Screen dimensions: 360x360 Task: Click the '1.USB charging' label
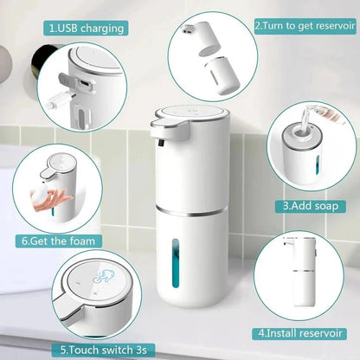86,28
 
